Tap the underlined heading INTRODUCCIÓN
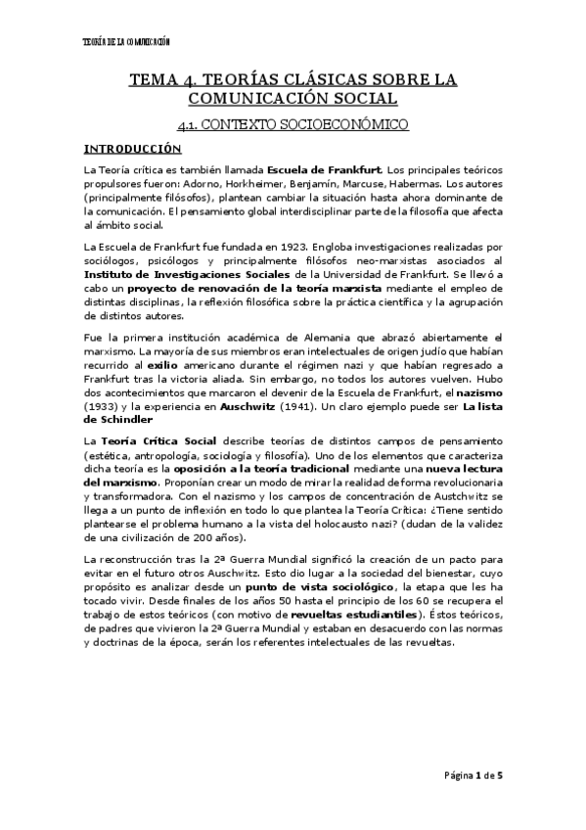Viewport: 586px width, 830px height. [x=132, y=149]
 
